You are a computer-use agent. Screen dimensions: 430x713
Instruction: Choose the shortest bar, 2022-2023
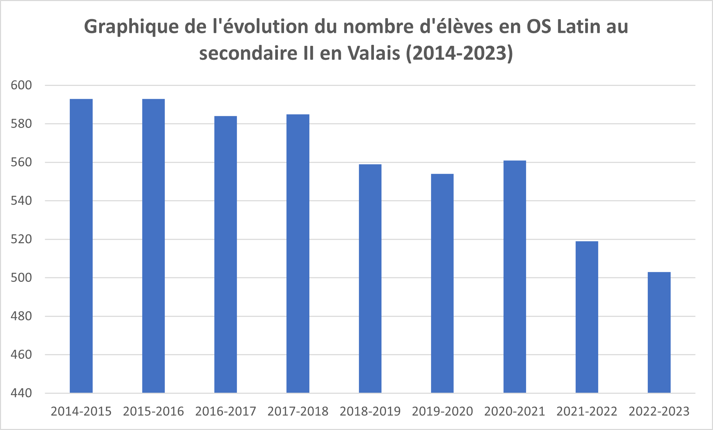[x=659, y=332]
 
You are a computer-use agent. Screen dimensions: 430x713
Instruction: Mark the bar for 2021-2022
[x=587, y=317]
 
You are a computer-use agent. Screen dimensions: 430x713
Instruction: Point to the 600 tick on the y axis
[x=21, y=85]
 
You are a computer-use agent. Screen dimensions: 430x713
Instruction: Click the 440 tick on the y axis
[x=21, y=393]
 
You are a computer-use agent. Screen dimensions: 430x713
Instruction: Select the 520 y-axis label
[x=21, y=239]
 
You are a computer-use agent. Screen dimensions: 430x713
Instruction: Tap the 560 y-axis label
[x=21, y=162]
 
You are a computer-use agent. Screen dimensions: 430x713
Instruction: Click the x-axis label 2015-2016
[x=153, y=411]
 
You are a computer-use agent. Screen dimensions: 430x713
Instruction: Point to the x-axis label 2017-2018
[x=298, y=411]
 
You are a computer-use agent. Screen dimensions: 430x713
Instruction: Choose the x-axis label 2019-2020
[x=442, y=411]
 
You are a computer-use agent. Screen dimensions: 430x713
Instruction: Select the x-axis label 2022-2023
[x=659, y=411]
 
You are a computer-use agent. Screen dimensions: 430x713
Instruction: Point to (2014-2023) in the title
[x=459, y=53]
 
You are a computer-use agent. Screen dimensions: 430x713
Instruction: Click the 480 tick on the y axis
[x=21, y=316]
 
